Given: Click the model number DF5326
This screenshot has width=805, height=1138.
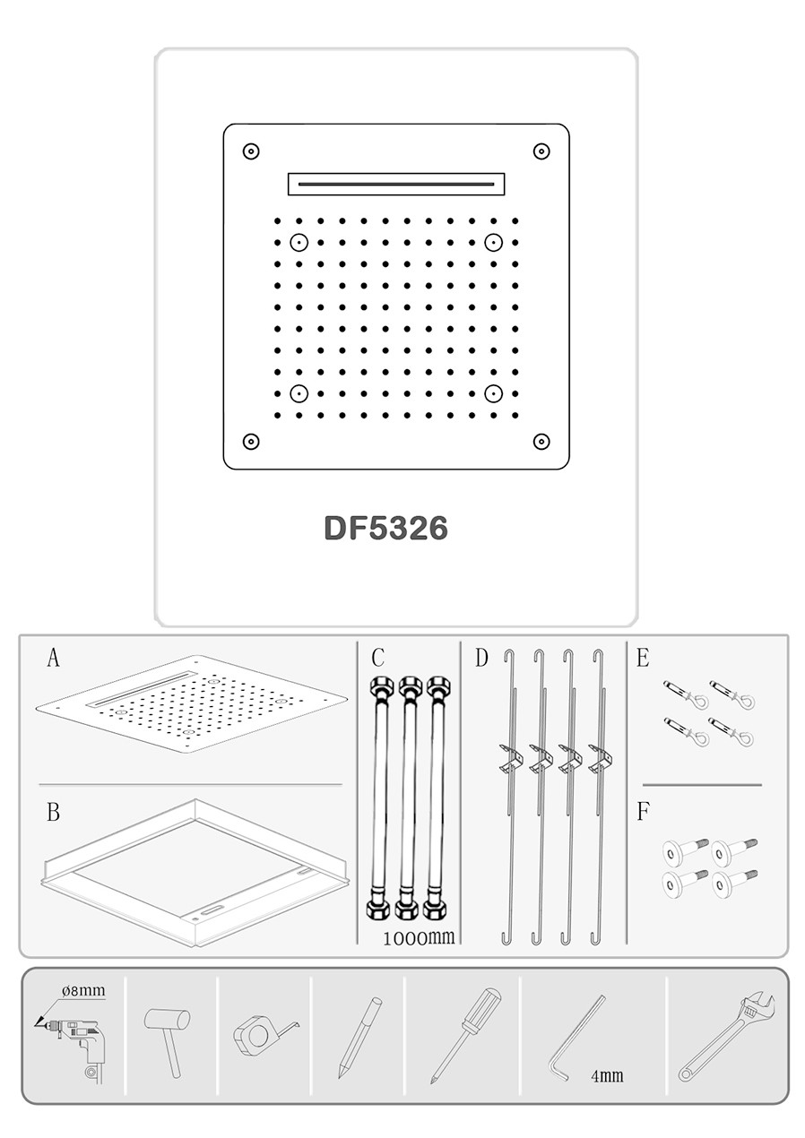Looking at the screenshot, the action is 385,529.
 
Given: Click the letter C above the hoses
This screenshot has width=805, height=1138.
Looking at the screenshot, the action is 377,658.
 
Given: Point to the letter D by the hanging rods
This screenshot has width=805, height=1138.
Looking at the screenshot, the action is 481,658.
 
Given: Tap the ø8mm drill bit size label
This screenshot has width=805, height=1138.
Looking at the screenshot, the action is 84,990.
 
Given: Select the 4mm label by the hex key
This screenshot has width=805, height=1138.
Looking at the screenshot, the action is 607,1075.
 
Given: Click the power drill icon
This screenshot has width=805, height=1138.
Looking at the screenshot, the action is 74,1039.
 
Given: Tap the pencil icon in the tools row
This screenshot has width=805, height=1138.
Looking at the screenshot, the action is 359,1038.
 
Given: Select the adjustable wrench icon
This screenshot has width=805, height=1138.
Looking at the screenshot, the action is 727,1038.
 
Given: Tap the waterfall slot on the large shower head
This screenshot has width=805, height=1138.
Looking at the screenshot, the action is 396,184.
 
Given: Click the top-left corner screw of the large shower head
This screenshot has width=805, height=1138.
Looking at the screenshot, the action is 251,151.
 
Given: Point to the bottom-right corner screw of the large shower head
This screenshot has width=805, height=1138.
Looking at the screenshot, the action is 541,442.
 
